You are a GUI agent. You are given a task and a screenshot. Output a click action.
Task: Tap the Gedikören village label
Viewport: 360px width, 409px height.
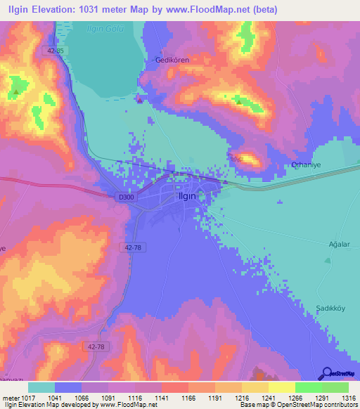173,60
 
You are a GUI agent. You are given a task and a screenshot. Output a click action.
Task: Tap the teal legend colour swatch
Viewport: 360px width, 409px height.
41,387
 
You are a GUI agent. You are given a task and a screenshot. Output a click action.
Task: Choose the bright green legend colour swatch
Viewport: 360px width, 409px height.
309,387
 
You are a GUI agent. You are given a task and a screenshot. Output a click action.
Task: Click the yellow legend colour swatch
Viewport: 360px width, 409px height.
282,387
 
